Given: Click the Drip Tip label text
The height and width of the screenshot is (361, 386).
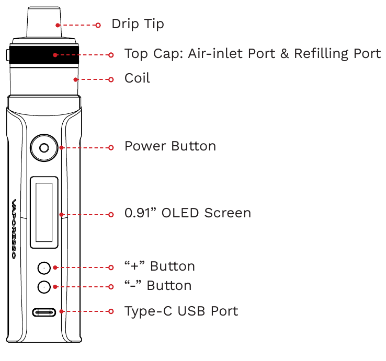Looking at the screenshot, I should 138,24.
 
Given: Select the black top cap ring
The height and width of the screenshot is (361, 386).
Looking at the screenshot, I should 44,54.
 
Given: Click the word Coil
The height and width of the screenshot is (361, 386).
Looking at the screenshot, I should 137,78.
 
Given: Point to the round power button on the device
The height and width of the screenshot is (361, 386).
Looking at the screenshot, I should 44,148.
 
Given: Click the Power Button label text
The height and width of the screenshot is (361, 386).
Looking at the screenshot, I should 170,146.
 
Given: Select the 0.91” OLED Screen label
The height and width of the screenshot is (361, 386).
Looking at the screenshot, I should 187,213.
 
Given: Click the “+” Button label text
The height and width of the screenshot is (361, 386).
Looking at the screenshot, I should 160,266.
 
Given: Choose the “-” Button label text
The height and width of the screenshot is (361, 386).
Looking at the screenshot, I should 157,286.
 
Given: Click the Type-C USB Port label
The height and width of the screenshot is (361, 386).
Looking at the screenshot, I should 181,311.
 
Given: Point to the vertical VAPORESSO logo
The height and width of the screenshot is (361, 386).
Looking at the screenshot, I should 14,230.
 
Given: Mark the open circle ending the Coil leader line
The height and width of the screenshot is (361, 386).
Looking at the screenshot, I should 110,79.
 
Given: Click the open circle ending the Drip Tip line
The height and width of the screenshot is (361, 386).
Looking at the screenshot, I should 98,25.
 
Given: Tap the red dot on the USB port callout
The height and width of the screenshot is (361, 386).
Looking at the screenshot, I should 62,312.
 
